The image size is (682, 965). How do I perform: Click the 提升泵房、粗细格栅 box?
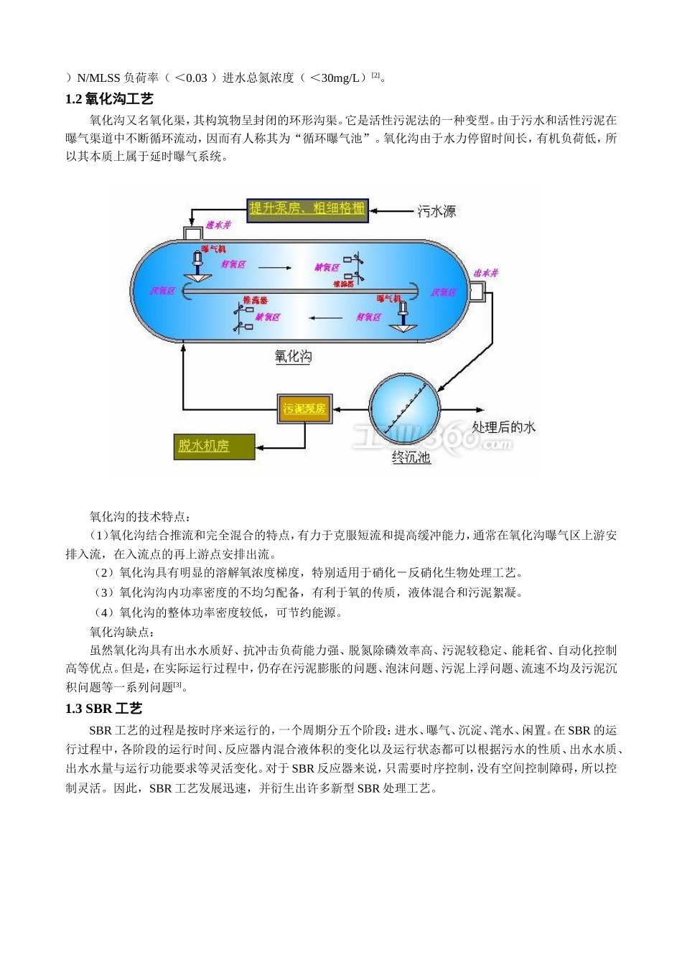tap(307, 209)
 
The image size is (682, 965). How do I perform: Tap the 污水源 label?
tap(437, 211)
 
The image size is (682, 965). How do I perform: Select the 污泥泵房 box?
tap(304, 409)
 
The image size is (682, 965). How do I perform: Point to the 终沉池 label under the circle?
tap(411, 457)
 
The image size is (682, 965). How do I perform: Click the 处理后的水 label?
tap(504, 426)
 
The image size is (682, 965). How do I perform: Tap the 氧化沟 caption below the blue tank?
tap(293, 356)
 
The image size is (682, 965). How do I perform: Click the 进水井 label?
tap(219, 225)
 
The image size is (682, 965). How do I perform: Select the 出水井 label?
tap(486, 274)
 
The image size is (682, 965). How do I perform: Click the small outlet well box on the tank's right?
tap(477, 292)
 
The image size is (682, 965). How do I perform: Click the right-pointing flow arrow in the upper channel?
tap(276, 268)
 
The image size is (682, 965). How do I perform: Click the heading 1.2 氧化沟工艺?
tap(109, 99)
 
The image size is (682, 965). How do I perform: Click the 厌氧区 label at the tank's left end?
tap(162, 291)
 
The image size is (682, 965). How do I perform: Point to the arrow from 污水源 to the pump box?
tap(392, 210)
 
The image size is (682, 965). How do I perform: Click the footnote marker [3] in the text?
tap(178, 685)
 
